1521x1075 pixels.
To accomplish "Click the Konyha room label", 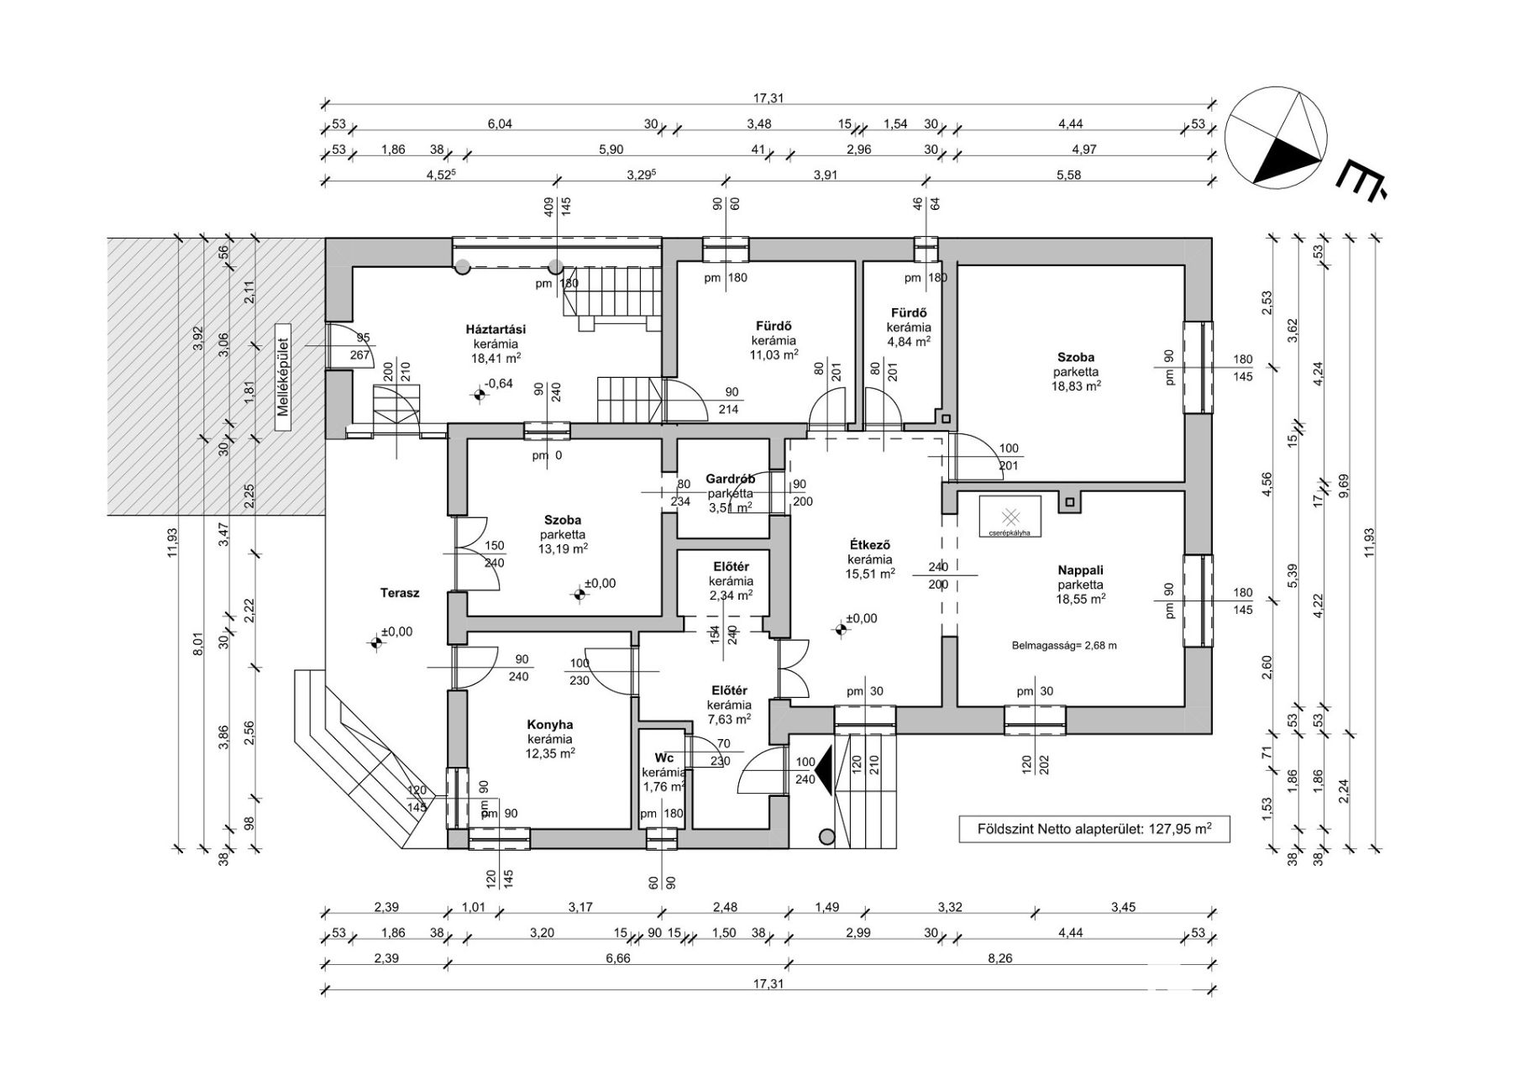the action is coord(550,725).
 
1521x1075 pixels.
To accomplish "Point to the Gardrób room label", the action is coord(730,479).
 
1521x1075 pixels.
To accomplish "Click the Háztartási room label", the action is coord(496,329).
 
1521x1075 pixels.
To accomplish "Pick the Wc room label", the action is coord(663,758).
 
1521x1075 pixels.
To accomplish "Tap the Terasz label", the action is coord(400,593).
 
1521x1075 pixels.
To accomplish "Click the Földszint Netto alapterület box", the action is coord(1083,828).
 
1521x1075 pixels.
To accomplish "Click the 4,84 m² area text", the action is coord(910,341).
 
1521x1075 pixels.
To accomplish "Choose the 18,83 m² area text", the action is coord(1078,385).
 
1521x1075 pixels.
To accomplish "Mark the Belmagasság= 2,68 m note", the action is coord(1064,646).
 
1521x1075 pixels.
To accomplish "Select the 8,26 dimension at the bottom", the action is coord(1000,957).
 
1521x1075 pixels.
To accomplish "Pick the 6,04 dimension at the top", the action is coord(500,124).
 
